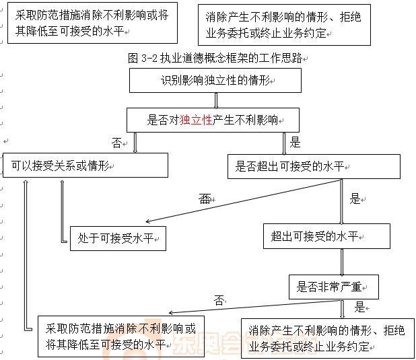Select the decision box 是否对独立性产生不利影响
coord(213,121)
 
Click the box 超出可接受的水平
coord(326,236)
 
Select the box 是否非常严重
coord(333,287)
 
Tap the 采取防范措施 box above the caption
coord(92,23)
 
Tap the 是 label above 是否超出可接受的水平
coord(295,142)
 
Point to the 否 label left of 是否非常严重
coord(219,300)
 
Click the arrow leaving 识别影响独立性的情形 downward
coord(215,100)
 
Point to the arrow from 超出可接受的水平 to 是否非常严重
coord(343,261)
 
